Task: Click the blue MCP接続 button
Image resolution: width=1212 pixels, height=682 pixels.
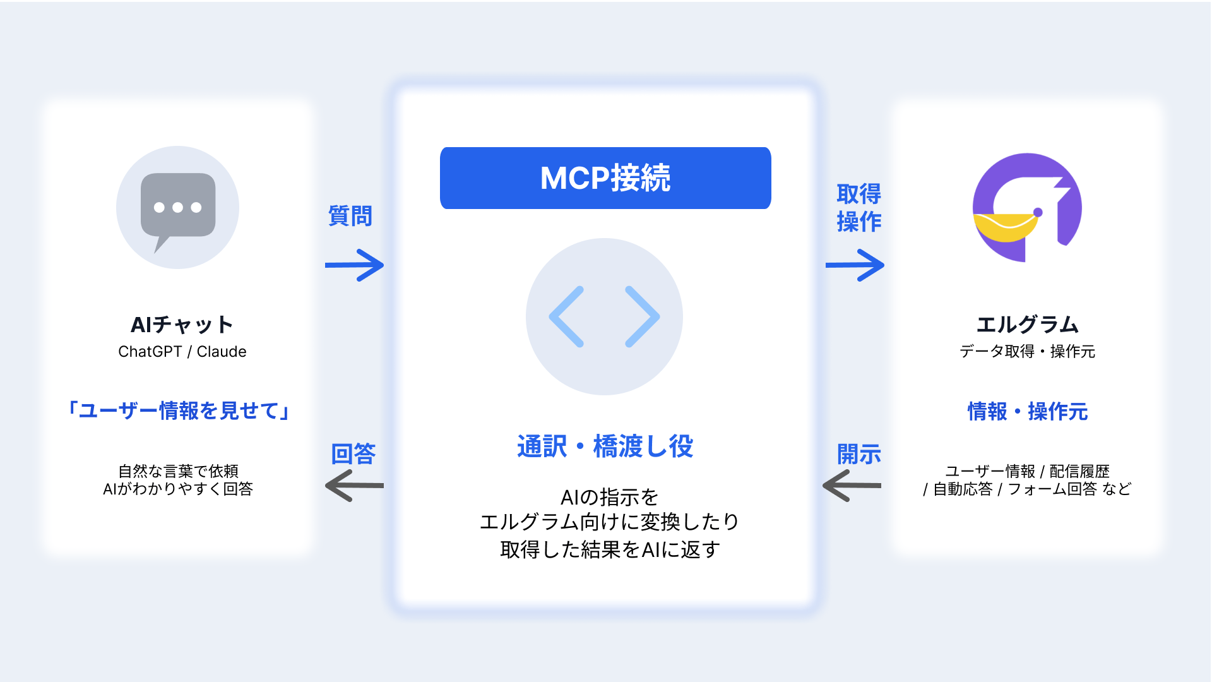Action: click(605, 178)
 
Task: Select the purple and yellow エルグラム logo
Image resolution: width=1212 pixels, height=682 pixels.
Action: click(1027, 208)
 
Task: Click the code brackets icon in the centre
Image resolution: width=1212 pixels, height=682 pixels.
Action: click(604, 316)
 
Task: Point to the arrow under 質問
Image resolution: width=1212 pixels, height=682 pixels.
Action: click(354, 265)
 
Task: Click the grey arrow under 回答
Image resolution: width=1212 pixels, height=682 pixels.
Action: click(354, 486)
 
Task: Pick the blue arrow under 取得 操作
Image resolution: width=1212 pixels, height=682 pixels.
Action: click(855, 265)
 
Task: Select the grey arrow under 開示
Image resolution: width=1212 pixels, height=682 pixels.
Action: click(852, 486)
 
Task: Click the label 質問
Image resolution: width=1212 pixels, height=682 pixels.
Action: click(350, 216)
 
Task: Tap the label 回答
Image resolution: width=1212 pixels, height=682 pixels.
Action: click(353, 454)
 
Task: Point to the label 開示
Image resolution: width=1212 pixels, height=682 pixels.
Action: click(859, 454)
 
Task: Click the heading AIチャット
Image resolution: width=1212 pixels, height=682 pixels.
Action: click(182, 325)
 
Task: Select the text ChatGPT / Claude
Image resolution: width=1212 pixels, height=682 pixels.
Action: click(182, 352)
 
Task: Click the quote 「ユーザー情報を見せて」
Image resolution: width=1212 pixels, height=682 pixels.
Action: click(179, 411)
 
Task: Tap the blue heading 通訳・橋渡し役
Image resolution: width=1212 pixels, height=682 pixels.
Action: click(605, 446)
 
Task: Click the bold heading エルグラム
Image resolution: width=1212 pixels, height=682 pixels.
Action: click(1028, 325)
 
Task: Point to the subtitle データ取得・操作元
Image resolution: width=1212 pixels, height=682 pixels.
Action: click(1028, 352)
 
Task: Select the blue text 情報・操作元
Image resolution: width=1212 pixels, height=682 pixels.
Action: click(1028, 412)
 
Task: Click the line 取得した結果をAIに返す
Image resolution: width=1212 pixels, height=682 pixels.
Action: click(610, 550)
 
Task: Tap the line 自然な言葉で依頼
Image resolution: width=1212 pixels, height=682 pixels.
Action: click(179, 471)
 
